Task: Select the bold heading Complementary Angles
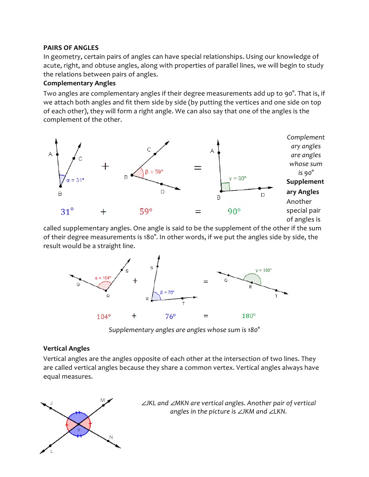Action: [79, 83]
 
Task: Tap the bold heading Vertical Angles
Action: [66, 348]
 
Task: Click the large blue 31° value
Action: [67, 212]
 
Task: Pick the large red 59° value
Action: [146, 212]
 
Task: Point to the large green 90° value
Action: [234, 212]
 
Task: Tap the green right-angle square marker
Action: [225, 187]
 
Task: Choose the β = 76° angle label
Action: [167, 292]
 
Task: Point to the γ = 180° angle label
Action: [264, 270]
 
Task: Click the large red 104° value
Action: [104, 317]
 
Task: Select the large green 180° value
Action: [249, 316]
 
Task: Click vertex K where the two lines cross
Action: [79, 423]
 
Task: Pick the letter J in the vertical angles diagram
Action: [51, 402]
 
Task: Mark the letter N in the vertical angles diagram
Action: [111, 437]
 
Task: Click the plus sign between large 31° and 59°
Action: [103, 212]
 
